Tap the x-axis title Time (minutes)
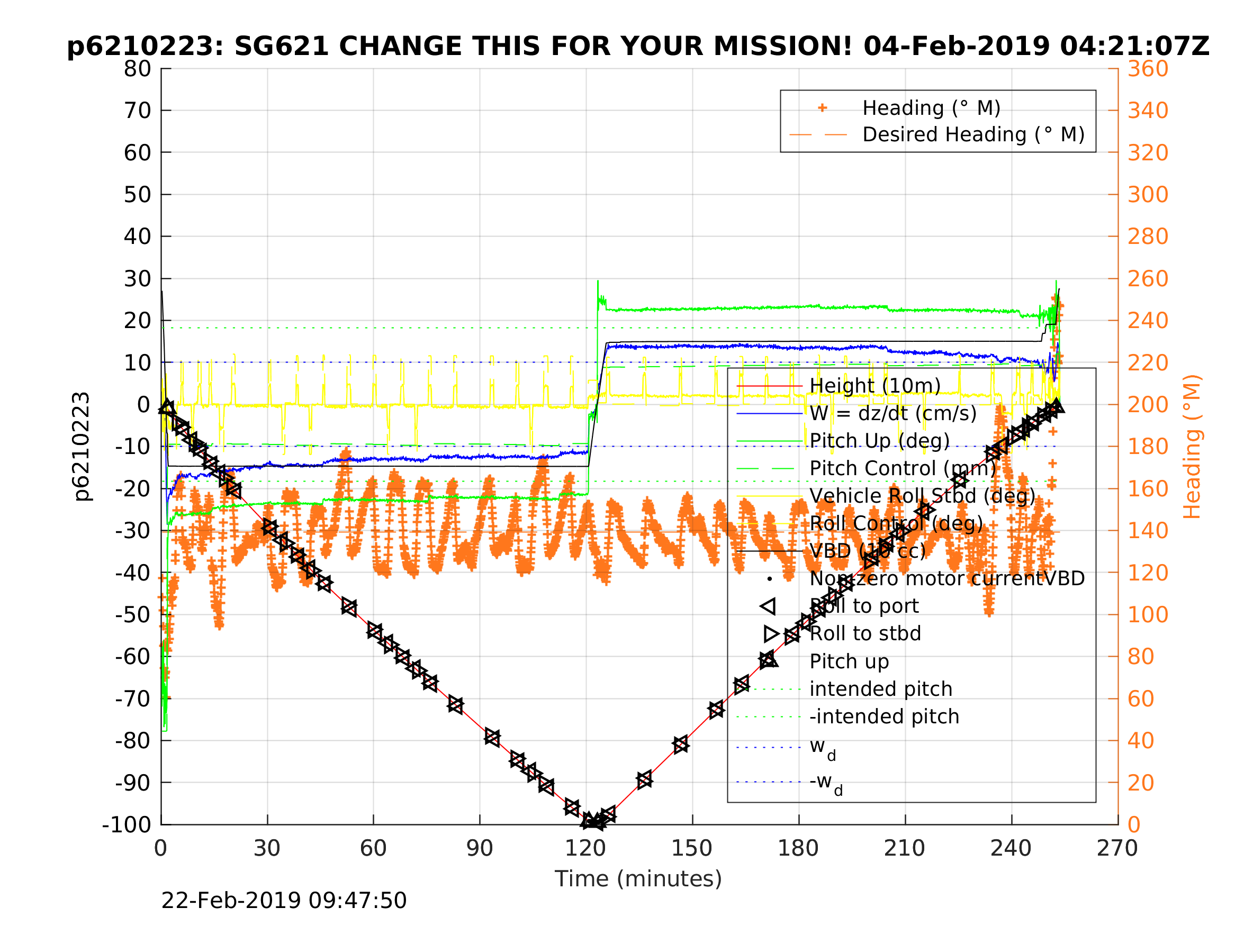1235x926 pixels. (638, 878)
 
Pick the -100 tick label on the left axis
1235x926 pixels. (127, 824)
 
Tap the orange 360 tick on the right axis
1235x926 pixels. (1148, 69)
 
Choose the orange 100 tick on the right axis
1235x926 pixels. (1148, 614)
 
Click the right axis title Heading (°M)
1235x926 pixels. (1192, 447)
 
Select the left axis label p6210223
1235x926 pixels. (82, 447)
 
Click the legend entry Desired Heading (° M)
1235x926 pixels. (973, 134)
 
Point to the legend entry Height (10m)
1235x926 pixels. (875, 386)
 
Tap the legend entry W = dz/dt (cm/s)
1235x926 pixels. (893, 414)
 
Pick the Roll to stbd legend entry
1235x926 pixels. (865, 633)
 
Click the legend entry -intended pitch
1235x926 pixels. (885, 716)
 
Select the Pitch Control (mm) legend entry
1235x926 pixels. (902, 468)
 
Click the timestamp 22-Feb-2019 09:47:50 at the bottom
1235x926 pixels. (284, 901)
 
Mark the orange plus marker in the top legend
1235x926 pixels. (822, 108)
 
